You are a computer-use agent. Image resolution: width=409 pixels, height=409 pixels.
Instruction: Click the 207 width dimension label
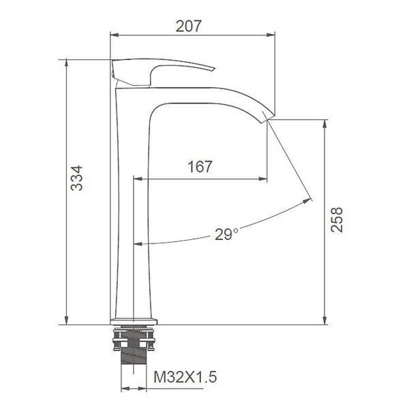189,26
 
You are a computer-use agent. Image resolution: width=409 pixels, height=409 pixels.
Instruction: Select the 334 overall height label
77,178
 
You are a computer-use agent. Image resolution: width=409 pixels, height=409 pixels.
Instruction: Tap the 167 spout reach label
200,167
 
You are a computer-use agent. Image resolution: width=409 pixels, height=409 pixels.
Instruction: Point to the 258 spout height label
337,219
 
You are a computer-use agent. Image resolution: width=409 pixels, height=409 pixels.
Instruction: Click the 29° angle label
226,234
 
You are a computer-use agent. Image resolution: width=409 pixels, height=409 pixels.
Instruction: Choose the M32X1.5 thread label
185,377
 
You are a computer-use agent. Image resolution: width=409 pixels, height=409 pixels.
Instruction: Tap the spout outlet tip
268,118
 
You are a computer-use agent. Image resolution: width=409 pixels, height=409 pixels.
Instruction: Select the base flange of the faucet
134,321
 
